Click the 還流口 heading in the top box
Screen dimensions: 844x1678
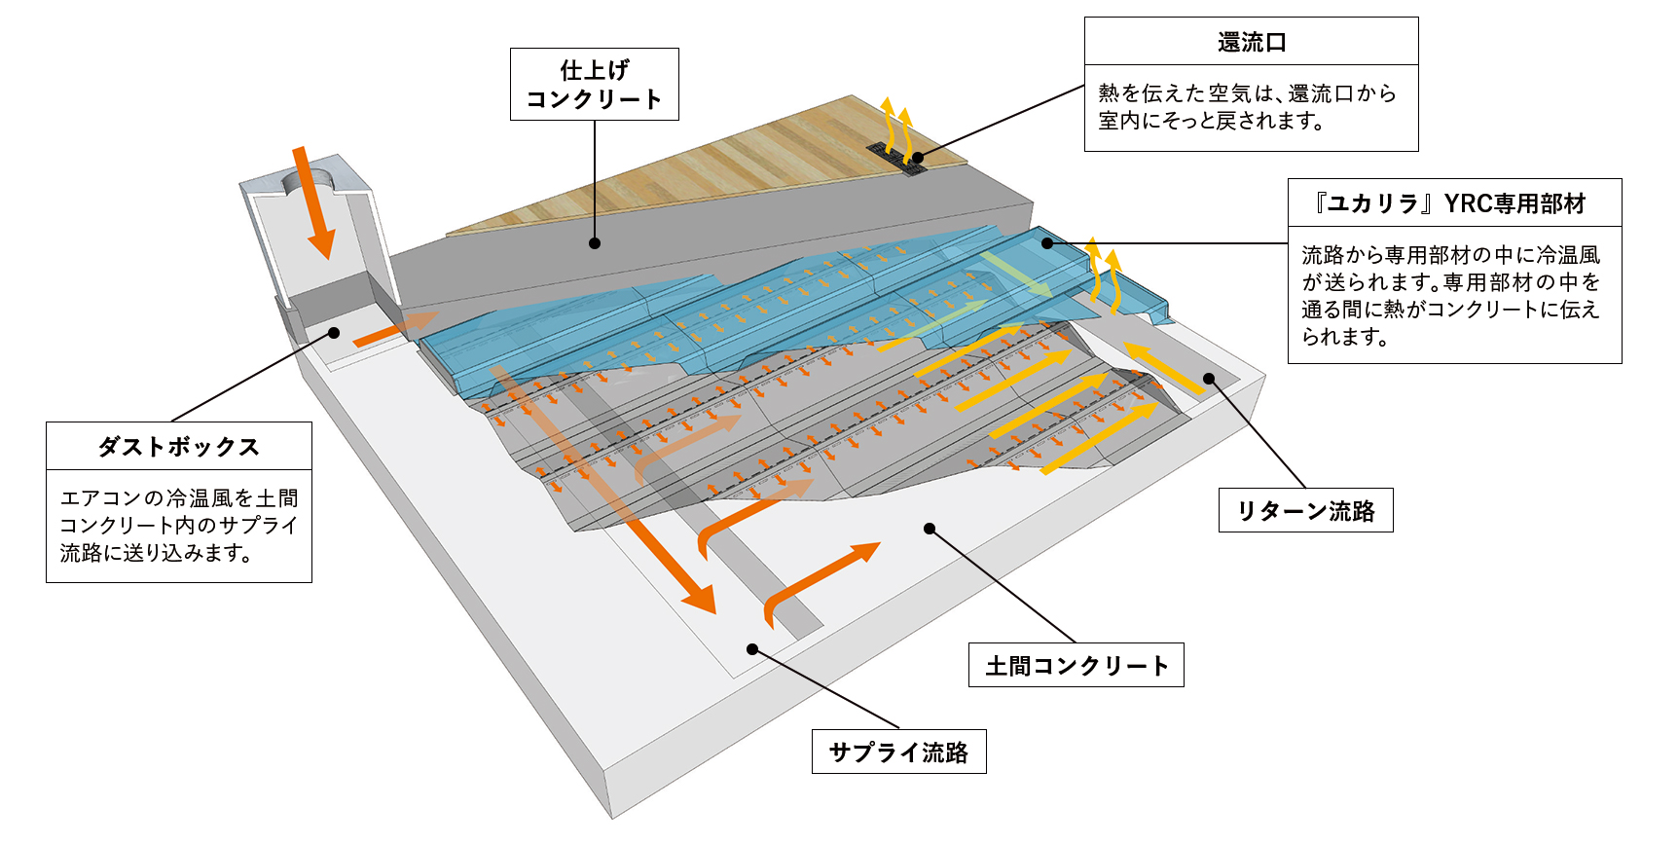tap(1251, 43)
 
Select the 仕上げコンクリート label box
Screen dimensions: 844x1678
tap(594, 85)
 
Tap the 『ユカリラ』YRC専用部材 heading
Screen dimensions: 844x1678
tap(1454, 203)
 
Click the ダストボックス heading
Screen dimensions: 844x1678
tap(179, 447)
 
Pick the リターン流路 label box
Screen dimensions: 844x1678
tap(1305, 511)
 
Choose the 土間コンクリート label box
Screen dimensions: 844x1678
tap(1076, 666)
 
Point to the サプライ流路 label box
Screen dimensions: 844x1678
tap(898, 752)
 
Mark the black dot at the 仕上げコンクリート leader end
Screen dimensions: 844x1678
tap(595, 243)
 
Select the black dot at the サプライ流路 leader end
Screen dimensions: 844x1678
tap(752, 649)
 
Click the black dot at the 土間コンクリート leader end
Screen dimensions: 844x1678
tap(930, 529)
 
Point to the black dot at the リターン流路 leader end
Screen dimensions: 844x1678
tap(1209, 379)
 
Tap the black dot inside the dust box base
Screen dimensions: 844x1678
tap(334, 333)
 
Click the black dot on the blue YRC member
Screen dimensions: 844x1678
tap(1048, 243)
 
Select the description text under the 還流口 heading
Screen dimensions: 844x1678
tap(1247, 107)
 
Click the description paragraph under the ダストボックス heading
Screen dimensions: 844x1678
tap(179, 526)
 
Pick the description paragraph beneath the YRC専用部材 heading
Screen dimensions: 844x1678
tap(1450, 296)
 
